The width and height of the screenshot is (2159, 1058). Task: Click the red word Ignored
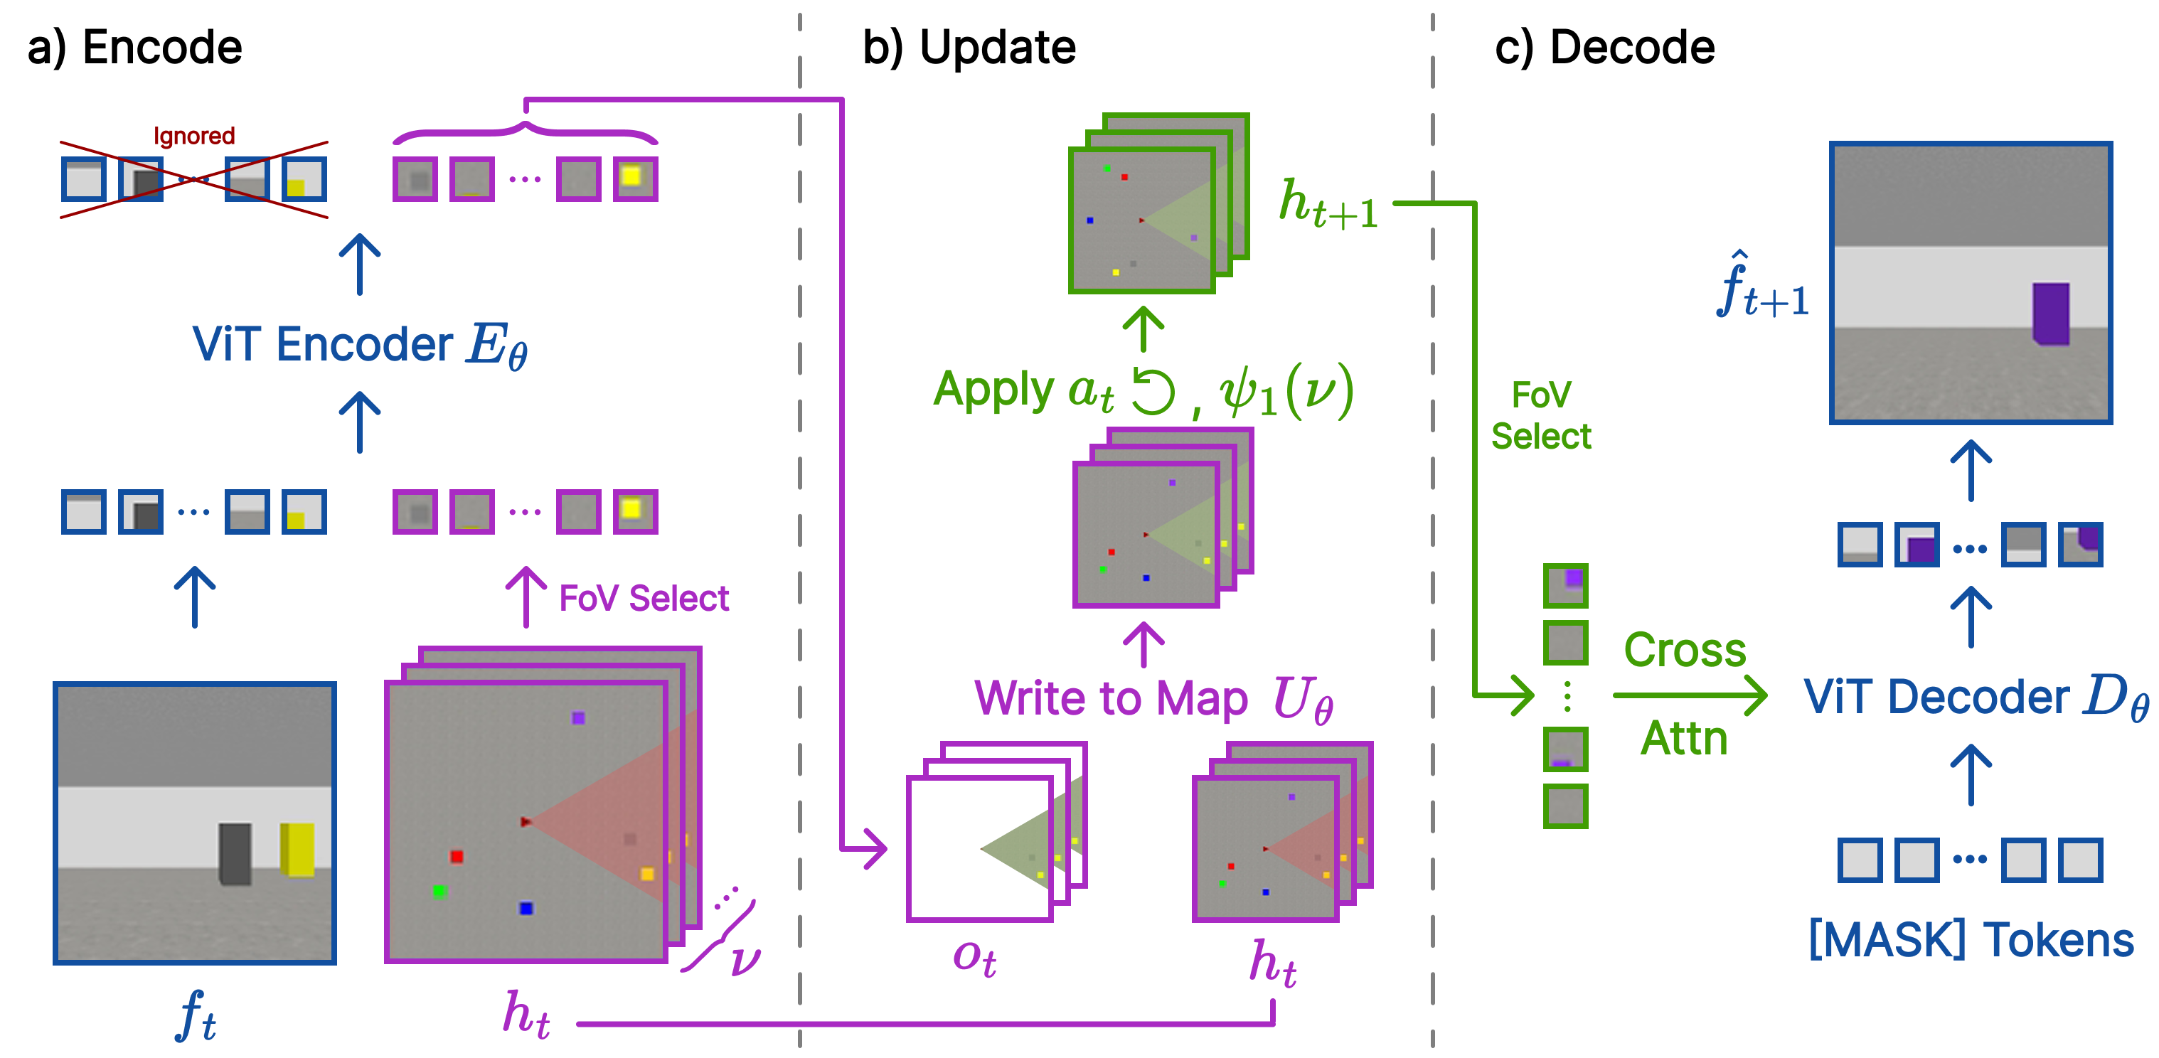pyautogui.click(x=193, y=136)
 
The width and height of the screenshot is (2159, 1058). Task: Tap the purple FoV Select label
pyautogui.click(x=644, y=598)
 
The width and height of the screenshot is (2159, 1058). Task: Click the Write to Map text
pyautogui.click(x=1111, y=698)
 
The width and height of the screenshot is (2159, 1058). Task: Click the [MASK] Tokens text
pyautogui.click(x=1971, y=940)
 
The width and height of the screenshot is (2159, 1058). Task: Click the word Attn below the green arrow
pyautogui.click(x=1684, y=738)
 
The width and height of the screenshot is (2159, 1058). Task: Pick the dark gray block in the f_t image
pyautogui.click(x=235, y=853)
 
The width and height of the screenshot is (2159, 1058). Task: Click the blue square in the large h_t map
pyautogui.click(x=526, y=908)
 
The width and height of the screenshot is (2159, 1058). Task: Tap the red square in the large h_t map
pyautogui.click(x=456, y=856)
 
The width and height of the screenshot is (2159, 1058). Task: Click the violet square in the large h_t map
pyautogui.click(x=578, y=718)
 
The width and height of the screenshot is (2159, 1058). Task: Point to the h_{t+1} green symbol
pyautogui.click(x=1328, y=204)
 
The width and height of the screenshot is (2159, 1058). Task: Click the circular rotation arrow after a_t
pyautogui.click(x=1153, y=391)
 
